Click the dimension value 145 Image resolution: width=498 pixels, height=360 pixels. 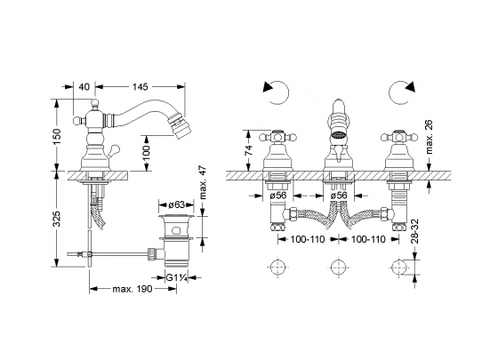[140, 86]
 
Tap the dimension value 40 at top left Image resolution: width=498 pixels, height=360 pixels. [84, 86]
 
